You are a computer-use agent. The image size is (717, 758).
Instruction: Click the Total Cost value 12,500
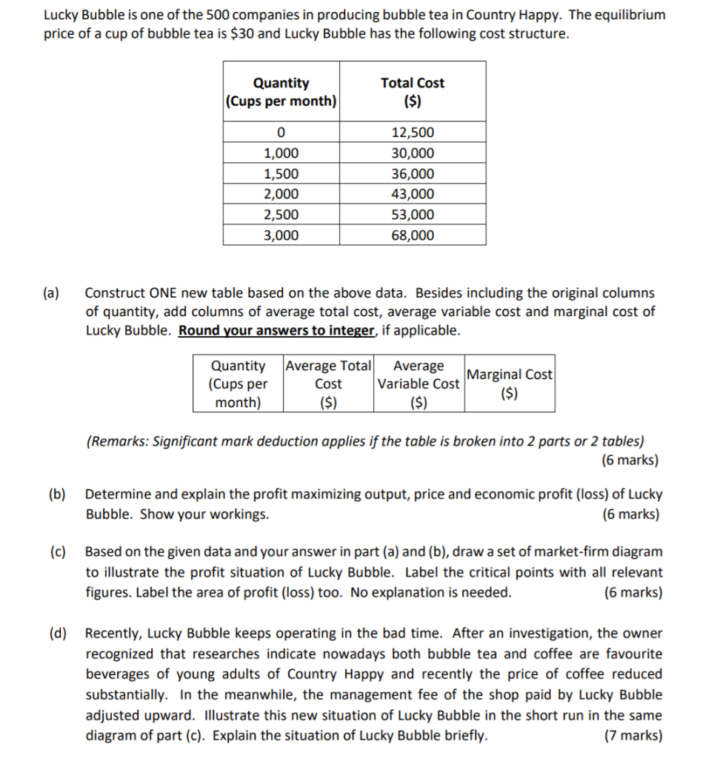pos(413,133)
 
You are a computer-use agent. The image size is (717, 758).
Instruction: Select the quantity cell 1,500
pos(281,174)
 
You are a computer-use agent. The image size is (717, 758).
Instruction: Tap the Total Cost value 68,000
pos(413,235)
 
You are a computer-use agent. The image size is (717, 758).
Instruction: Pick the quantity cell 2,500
pos(281,215)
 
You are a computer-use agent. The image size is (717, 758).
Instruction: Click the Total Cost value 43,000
pos(413,195)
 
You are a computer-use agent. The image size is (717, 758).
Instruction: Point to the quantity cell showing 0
pos(281,133)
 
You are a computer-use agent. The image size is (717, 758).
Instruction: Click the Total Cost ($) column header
pos(413,92)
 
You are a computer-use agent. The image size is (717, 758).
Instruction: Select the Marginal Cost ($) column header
pos(510,383)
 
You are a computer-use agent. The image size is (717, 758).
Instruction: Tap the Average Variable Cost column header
pos(420,383)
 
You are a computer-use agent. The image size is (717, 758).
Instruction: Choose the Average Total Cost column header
pos(329,383)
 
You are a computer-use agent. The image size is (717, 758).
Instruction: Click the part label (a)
pos(53,293)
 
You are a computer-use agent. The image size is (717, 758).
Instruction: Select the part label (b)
pos(57,494)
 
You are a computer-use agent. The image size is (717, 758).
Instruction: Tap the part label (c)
pos(57,552)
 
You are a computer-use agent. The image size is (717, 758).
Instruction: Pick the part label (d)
pos(57,634)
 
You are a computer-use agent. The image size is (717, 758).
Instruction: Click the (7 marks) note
pos(633,736)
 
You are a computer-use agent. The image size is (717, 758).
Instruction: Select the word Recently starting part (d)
pos(113,634)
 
